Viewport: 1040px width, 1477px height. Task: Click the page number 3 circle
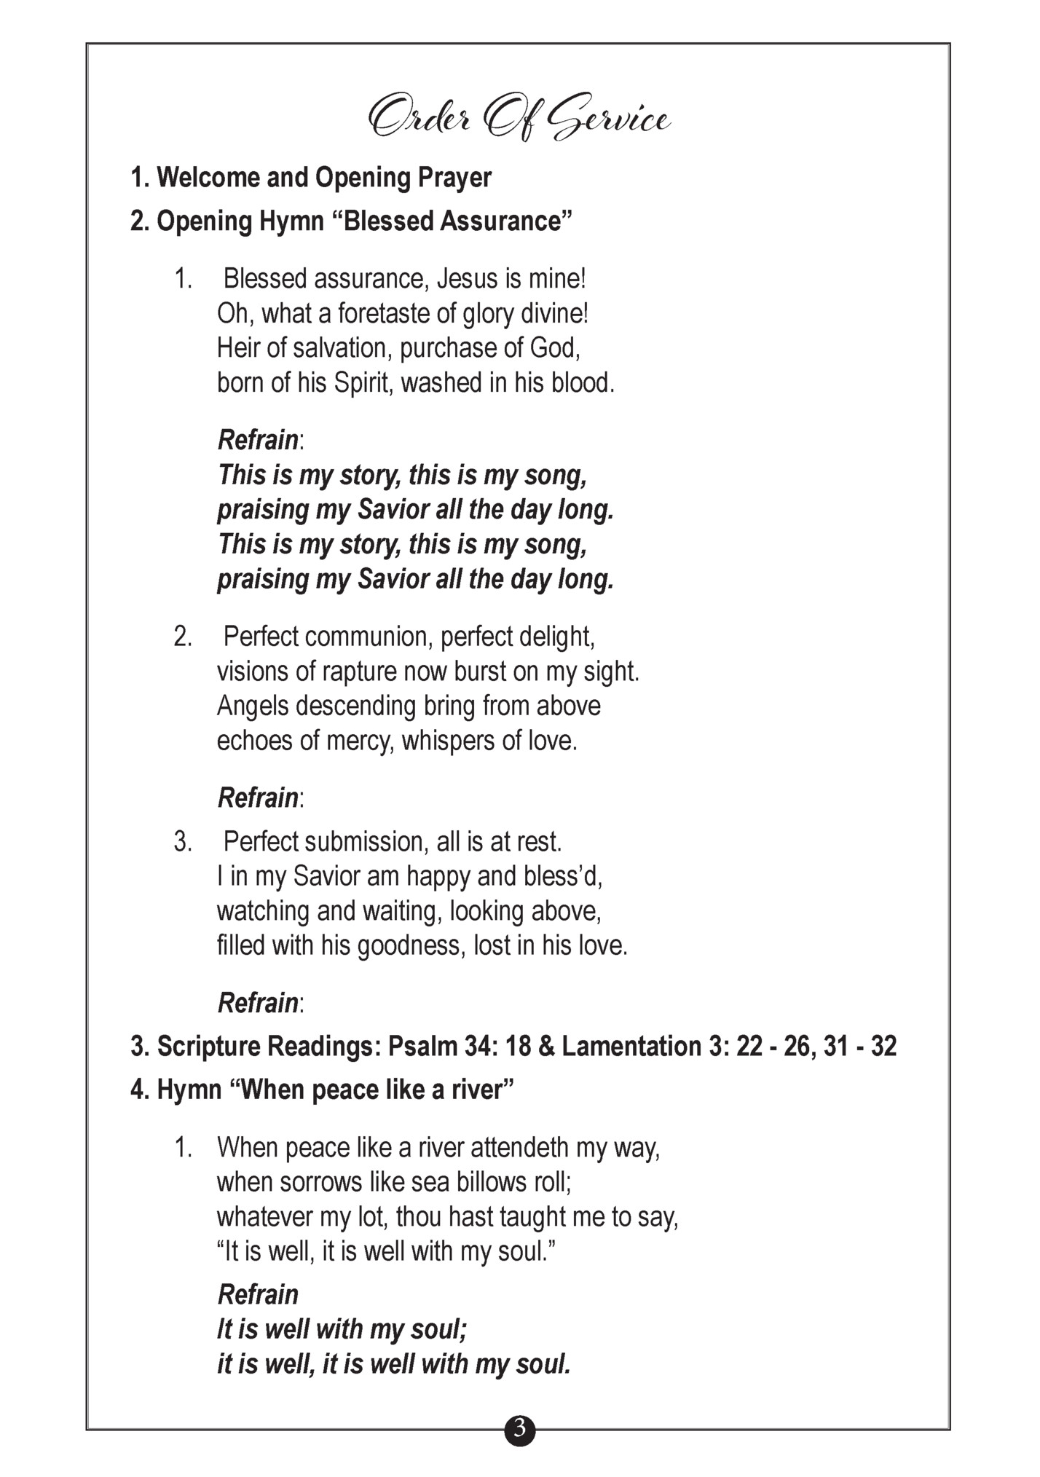(x=519, y=1430)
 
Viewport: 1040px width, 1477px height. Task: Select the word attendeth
(x=519, y=1148)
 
